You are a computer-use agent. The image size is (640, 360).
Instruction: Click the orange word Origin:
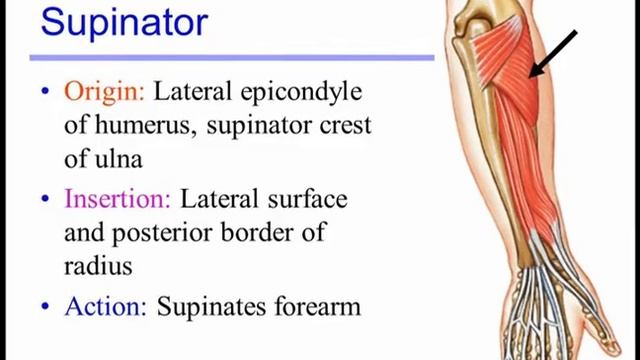[105, 91]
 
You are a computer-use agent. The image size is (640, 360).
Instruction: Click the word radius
[98, 267]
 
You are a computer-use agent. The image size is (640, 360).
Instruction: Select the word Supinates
[205, 306]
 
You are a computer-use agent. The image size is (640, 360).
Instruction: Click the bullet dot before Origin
[44, 93]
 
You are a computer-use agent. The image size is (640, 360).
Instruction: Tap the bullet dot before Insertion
[44, 199]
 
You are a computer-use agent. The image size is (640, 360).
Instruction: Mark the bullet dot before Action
[44, 306]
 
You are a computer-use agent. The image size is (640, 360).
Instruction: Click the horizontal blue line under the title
[230, 57]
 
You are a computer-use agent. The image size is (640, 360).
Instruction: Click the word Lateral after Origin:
[195, 91]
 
